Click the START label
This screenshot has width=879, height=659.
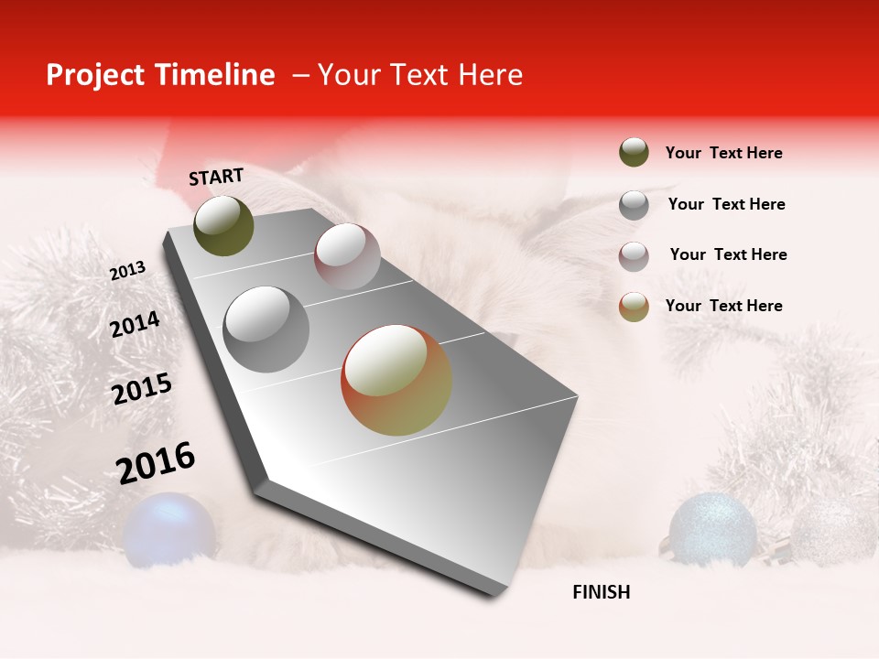[216, 177]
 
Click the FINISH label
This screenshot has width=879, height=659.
[601, 592]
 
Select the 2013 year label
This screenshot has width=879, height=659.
[127, 271]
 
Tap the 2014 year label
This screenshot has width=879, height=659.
[135, 325]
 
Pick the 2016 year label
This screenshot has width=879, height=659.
[156, 463]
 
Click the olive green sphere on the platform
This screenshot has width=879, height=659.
[223, 225]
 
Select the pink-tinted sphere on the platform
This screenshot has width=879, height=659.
[347, 256]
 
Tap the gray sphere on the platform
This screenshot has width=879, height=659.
[266, 329]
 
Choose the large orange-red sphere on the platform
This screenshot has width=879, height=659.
[396, 380]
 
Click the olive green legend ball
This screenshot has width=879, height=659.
[634, 153]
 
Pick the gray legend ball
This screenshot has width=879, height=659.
[634, 204]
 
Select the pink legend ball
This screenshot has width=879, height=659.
[634, 255]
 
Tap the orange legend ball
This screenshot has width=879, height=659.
[634, 307]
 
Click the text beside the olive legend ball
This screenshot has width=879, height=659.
[723, 153]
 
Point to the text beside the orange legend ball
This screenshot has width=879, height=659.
[723, 306]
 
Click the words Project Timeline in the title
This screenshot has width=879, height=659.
[160, 75]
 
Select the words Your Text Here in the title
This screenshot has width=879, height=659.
[419, 75]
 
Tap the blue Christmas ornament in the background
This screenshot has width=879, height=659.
[169, 528]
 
